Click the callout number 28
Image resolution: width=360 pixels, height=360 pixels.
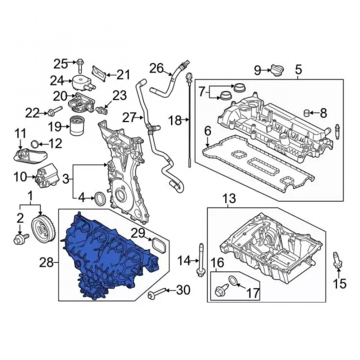click(x=46, y=262)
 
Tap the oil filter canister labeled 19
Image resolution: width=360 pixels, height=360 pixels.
click(x=77, y=126)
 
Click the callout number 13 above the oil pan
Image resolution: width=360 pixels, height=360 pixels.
click(x=229, y=198)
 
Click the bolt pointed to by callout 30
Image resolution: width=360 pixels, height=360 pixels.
click(x=157, y=293)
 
